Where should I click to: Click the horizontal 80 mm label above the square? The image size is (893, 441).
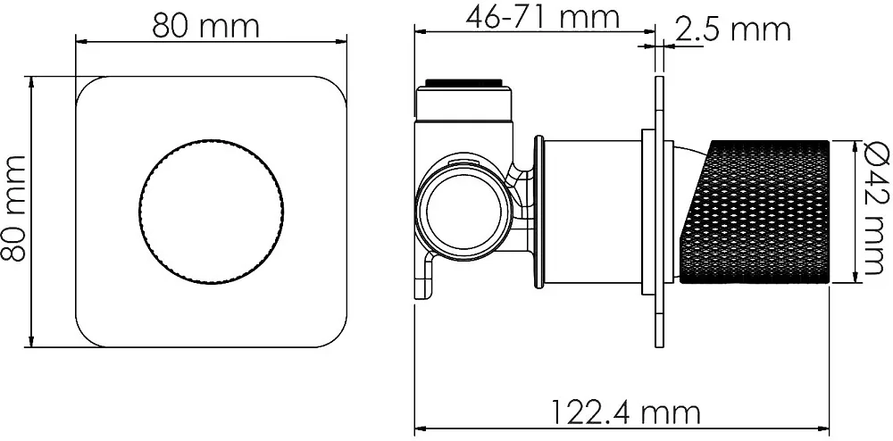click(205, 26)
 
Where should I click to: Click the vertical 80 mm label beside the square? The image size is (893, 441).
click(13, 208)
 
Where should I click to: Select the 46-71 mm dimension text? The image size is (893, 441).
click(542, 16)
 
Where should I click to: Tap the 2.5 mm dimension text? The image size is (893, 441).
click(732, 29)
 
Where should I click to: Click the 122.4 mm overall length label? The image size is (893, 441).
click(626, 411)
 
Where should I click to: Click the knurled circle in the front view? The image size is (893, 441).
click(211, 211)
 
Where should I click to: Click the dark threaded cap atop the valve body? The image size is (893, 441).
click(464, 83)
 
